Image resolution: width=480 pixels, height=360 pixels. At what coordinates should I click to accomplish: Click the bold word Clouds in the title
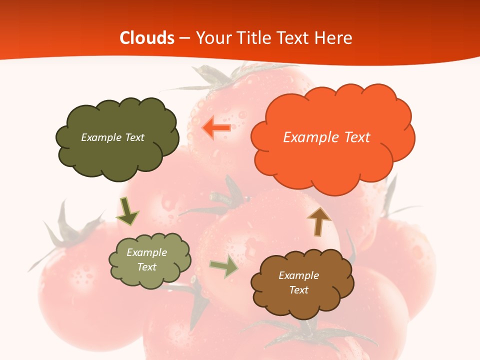[x=147, y=38]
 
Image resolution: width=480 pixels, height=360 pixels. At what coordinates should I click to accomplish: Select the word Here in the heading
[x=334, y=38]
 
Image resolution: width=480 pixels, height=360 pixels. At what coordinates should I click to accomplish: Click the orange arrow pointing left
[x=216, y=127]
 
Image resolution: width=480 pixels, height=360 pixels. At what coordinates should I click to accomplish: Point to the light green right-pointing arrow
[x=224, y=267]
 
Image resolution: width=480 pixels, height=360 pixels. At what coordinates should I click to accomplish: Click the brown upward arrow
[x=319, y=220]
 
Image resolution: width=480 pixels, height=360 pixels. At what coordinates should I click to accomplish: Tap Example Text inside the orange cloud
[x=326, y=137]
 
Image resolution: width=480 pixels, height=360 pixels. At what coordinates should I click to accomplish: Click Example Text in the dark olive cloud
[x=112, y=137]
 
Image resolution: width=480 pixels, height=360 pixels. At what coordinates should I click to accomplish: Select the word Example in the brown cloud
[x=298, y=275]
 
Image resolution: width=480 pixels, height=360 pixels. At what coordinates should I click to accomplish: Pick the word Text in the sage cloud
[x=147, y=267]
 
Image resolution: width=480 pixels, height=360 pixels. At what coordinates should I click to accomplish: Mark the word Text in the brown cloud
[x=298, y=290]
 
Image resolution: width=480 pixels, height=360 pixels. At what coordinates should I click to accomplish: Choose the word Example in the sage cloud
[x=147, y=252]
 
